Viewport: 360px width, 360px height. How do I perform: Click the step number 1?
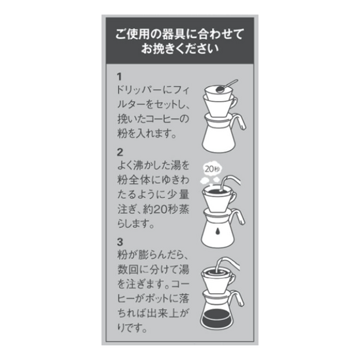pos(119,77)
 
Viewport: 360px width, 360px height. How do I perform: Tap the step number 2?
pos(120,153)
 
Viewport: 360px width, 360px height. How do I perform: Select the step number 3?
pos(120,242)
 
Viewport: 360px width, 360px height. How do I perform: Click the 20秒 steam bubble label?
pos(212,169)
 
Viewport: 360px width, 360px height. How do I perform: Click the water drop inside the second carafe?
pos(217,232)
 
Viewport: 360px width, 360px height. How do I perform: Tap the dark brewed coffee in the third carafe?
pos(217,317)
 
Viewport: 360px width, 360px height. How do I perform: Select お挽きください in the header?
pos(179,48)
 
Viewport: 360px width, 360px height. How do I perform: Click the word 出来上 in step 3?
pos(162,313)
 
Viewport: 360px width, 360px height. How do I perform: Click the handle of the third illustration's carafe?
pos(238,298)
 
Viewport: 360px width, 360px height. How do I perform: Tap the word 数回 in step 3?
pos(128,269)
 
